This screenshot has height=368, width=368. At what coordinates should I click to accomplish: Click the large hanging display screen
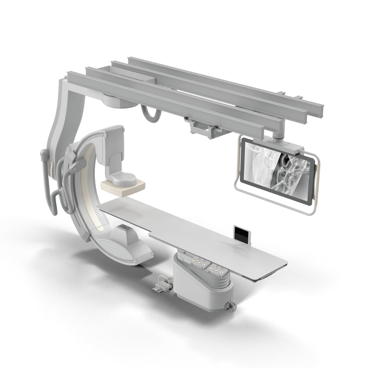click(x=278, y=167)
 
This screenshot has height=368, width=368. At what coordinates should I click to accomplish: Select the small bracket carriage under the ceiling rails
click(x=201, y=128)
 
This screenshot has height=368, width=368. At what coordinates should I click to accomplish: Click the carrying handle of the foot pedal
click(x=162, y=279)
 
